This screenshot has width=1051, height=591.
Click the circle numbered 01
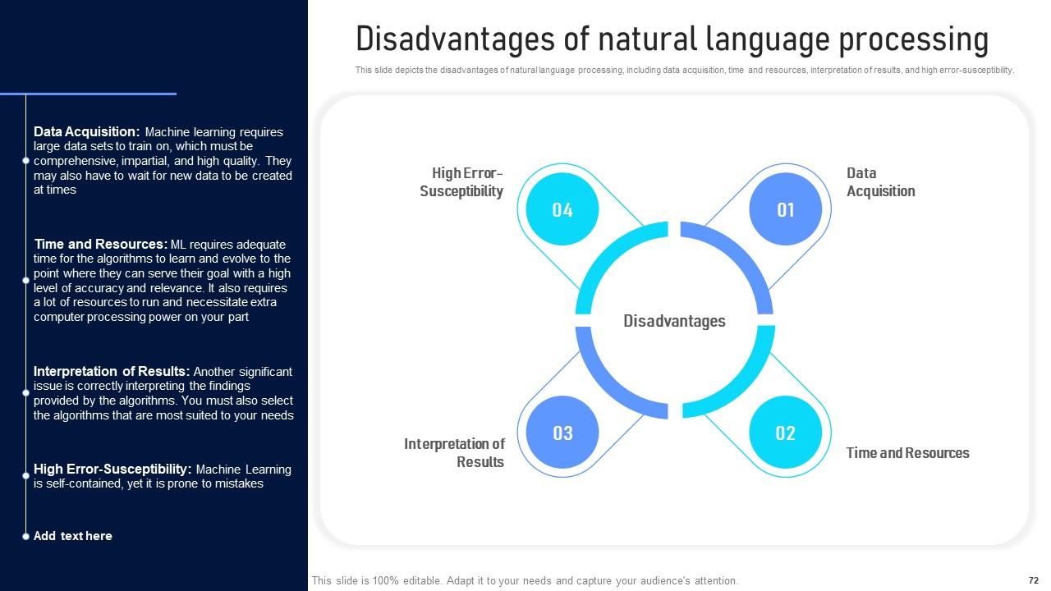[786, 209]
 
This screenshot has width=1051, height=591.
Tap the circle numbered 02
[786, 433]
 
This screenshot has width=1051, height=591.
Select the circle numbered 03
[562, 433]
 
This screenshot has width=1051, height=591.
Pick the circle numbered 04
[562, 209]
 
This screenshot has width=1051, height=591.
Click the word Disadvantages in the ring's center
[674, 321]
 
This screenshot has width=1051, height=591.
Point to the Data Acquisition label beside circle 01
[880, 182]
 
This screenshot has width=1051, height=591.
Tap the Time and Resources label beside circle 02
[907, 453]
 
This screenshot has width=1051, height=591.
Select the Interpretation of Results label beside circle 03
[454, 453]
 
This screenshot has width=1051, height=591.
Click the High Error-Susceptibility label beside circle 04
[461, 182]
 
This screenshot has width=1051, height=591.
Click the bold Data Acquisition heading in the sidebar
[87, 131]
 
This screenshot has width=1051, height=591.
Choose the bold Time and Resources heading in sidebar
[101, 244]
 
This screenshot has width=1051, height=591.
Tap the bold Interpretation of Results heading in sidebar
[112, 371]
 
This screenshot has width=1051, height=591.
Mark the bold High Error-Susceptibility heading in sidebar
[112, 469]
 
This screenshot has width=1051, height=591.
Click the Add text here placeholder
[73, 536]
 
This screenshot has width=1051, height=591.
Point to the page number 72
[1034, 580]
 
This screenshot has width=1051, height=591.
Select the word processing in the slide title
[909, 39]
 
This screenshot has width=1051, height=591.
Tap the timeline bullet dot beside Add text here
[26, 536]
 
